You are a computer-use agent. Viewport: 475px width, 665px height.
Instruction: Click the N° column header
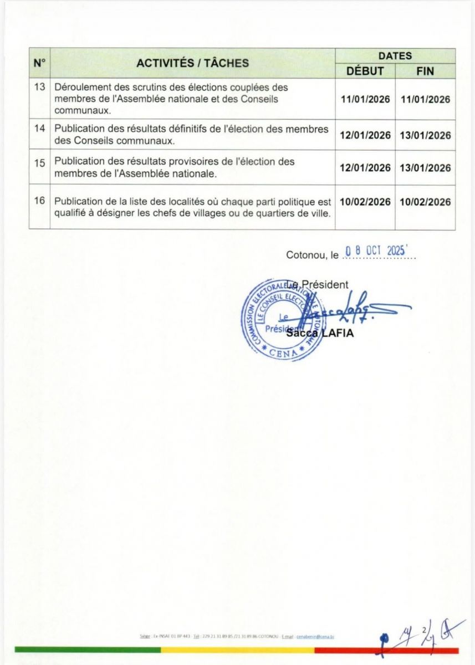[39, 63]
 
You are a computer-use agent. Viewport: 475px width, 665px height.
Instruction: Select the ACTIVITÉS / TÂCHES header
[192, 63]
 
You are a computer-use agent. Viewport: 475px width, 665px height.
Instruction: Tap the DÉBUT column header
[365, 71]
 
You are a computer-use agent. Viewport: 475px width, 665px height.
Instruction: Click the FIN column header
[425, 71]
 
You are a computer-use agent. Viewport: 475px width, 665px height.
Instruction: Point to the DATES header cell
[395, 56]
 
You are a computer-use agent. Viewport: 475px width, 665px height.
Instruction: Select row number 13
[39, 88]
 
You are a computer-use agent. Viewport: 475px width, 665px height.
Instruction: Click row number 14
[39, 129]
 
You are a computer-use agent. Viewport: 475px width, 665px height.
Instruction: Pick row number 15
[39, 162]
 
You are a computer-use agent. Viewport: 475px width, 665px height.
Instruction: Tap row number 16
[39, 201]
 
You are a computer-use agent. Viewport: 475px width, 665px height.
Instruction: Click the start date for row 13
[365, 100]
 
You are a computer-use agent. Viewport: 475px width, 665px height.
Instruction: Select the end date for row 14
[425, 135]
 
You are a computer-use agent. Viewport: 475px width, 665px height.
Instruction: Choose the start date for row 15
[365, 168]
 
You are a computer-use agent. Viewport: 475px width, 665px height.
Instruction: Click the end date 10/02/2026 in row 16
[425, 202]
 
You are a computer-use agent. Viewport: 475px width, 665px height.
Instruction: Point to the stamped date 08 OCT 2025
[379, 250]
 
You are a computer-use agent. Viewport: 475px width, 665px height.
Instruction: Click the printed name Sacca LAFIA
[320, 333]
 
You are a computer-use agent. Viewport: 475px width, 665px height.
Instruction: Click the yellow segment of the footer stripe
[238, 649]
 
